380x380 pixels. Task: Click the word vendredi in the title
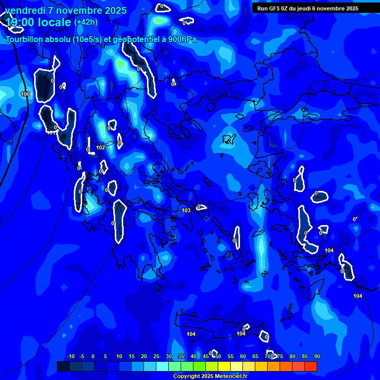click(25, 10)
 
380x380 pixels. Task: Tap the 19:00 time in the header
click(20, 22)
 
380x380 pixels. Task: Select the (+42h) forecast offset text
click(86, 22)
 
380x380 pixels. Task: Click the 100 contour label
click(25, 94)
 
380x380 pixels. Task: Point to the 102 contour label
click(100, 147)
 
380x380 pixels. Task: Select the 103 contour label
click(186, 210)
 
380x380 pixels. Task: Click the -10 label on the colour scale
click(70, 356)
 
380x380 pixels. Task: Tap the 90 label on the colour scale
click(317, 356)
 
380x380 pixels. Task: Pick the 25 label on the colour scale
click(156, 356)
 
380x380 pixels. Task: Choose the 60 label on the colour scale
click(243, 356)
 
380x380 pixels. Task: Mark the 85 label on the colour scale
click(305, 356)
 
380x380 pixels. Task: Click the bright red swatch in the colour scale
click(311, 366)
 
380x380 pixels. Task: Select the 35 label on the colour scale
click(181, 356)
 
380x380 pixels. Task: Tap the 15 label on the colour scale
click(132, 356)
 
